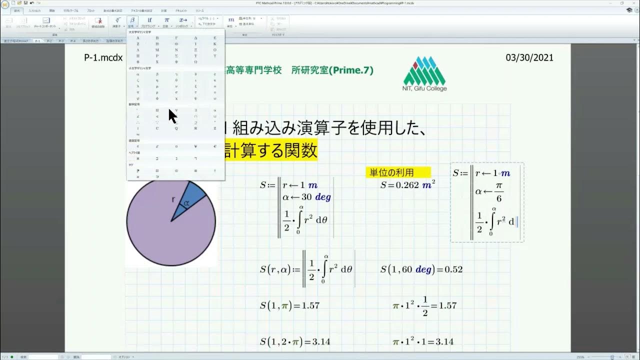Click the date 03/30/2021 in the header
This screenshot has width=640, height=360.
529,57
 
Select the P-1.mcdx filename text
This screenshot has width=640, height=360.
103,57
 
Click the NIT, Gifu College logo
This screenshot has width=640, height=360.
424,74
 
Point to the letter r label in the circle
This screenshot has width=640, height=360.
173,199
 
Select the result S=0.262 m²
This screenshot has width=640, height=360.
407,184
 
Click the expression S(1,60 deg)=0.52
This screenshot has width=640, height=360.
421,269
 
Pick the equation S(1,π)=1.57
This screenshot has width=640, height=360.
289,305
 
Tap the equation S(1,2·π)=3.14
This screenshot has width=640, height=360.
294,341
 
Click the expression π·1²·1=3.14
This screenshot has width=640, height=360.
423,341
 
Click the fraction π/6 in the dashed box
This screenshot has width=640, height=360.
498,192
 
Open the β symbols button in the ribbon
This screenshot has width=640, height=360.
132,20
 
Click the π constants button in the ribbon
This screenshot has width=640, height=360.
167,20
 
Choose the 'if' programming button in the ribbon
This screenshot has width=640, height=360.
149,20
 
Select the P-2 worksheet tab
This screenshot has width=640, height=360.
49,41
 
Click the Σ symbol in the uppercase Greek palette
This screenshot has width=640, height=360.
176,56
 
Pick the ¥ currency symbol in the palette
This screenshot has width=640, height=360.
195,146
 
